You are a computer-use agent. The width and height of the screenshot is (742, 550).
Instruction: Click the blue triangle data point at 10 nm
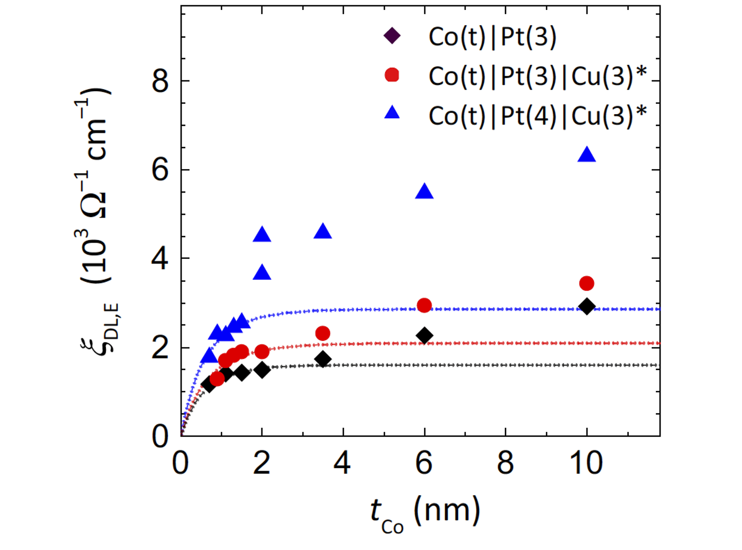(x=587, y=155)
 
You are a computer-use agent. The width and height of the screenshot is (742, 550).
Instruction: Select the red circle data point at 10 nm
(x=587, y=283)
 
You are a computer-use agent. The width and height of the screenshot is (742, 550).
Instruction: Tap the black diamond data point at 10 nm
(x=587, y=306)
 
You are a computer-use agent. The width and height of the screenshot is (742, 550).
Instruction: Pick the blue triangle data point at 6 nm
(x=424, y=192)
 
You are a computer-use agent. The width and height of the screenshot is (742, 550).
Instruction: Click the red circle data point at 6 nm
(x=424, y=305)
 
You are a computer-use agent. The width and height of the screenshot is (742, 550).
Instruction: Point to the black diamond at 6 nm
(x=425, y=336)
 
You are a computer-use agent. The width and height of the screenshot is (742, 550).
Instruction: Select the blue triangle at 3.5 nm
(x=322, y=232)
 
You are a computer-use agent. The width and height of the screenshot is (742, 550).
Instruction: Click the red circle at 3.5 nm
(x=322, y=333)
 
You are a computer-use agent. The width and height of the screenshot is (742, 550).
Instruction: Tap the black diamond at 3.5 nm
(x=322, y=359)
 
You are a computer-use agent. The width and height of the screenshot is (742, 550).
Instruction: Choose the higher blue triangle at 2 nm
(x=262, y=235)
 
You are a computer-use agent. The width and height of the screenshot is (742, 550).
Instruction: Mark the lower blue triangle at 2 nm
(x=262, y=273)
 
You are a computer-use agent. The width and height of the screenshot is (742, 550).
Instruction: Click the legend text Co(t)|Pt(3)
(x=492, y=37)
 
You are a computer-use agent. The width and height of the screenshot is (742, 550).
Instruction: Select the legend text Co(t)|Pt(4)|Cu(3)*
(x=537, y=115)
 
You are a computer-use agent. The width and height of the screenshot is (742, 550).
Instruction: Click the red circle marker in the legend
(x=392, y=75)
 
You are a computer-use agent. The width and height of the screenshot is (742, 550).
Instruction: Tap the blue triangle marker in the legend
(x=392, y=112)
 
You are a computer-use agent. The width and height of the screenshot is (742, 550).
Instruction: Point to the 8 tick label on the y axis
(x=160, y=81)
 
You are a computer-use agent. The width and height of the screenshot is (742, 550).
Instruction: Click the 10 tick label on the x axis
(x=587, y=463)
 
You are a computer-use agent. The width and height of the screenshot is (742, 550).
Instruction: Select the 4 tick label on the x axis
(x=342, y=463)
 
